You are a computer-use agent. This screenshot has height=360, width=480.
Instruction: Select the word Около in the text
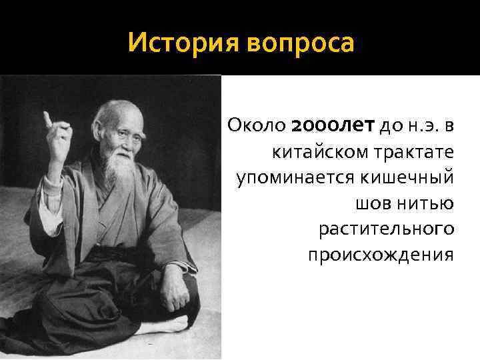pyautogui.click(x=257, y=125)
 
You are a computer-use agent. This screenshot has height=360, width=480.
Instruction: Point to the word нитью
pyautogui.click(x=423, y=204)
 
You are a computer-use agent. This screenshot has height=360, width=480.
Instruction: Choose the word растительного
pyautogui.click(x=387, y=229)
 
